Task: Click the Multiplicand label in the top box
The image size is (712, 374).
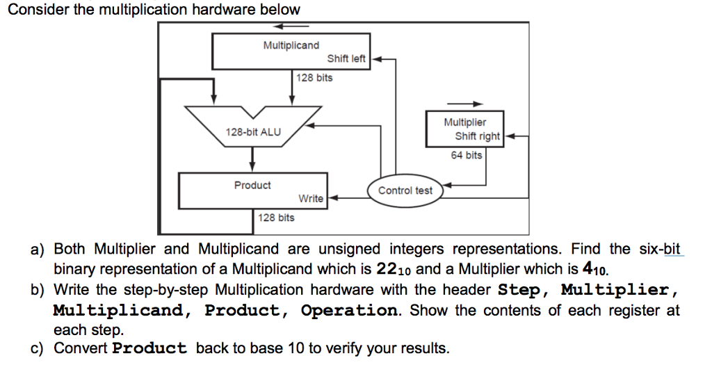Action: click(x=291, y=45)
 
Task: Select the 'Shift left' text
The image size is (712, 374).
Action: click(x=346, y=58)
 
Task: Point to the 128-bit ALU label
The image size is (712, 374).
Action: click(x=253, y=131)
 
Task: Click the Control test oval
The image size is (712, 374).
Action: click(x=405, y=190)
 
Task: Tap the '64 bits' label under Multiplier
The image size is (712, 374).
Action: click(x=466, y=155)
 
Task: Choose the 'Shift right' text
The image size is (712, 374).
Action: click(x=477, y=136)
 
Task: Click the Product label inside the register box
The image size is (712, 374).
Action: click(x=252, y=185)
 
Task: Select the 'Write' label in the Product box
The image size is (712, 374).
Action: click(x=311, y=198)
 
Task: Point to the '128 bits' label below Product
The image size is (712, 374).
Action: click(x=276, y=218)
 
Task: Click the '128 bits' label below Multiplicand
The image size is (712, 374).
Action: click(x=314, y=77)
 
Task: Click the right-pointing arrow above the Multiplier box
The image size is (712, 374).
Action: click(x=467, y=104)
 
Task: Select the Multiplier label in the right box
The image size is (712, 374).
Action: click(x=465, y=122)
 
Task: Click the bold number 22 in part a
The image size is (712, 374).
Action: click(x=387, y=269)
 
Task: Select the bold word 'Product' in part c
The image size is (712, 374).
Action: click(x=149, y=348)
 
